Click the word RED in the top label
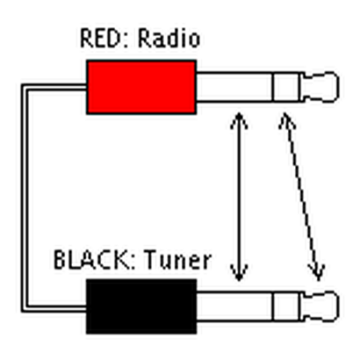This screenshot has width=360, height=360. (101, 39)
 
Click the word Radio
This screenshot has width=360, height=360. (169, 39)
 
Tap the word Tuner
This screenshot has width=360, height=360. (177, 260)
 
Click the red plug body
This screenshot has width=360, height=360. (141, 87)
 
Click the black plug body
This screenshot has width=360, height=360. (141, 306)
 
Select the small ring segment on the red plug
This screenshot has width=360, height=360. (286, 87)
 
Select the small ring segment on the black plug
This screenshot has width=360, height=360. (286, 306)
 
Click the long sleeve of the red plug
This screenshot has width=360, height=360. (235, 87)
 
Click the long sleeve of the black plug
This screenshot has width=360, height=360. (235, 306)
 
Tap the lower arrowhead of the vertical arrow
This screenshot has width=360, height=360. (238, 273)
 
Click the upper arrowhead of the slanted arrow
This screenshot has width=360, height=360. (285, 121)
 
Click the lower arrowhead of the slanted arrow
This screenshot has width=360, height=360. (318, 273)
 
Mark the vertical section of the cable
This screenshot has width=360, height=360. (24, 198)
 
